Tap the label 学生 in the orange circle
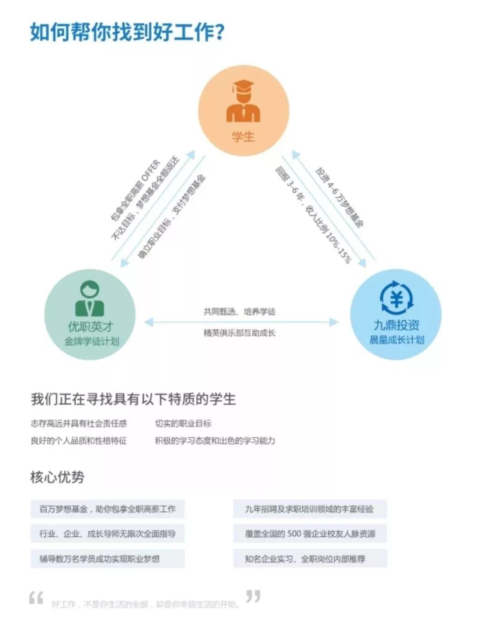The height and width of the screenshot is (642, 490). click(x=243, y=137)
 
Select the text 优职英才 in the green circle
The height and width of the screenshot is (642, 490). click(x=90, y=326)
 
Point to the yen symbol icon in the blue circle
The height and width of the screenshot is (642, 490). click(x=396, y=297)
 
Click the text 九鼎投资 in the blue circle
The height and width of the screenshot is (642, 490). click(x=397, y=325)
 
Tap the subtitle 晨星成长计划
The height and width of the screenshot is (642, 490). click(x=397, y=339)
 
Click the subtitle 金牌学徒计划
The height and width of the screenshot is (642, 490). click(x=91, y=341)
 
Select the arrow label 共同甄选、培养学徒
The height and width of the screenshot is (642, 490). click(x=239, y=311)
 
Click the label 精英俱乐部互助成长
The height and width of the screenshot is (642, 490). click(x=239, y=333)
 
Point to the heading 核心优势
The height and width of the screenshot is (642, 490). click(x=57, y=477)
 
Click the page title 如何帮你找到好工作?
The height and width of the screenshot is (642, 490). click(x=127, y=32)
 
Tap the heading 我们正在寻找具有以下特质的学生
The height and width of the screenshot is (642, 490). click(x=133, y=399)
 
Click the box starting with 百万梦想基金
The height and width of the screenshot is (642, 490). click(x=108, y=509)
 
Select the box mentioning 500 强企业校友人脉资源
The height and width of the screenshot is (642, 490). click(x=310, y=534)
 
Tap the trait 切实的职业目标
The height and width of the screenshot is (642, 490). click(x=183, y=423)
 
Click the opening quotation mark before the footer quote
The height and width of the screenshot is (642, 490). click(x=36, y=598)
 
